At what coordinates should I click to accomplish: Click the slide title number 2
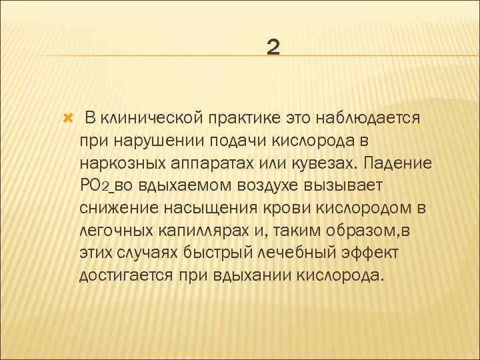(x=273, y=47)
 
